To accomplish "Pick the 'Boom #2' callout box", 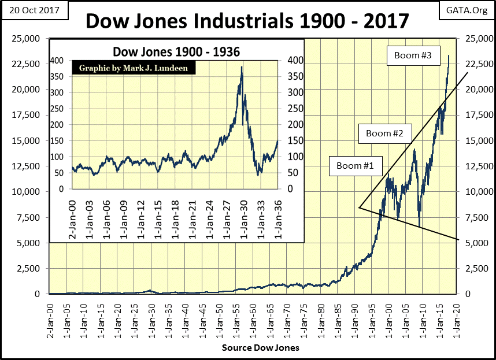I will click(386, 134).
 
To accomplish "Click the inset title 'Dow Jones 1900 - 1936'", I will click(176, 51).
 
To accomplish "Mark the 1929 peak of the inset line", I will click(241, 67).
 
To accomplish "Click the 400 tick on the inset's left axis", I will click(62, 61).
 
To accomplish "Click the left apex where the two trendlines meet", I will click(359, 207).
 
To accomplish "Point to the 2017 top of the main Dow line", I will click(449, 55).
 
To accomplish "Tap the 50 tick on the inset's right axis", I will click(294, 173).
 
